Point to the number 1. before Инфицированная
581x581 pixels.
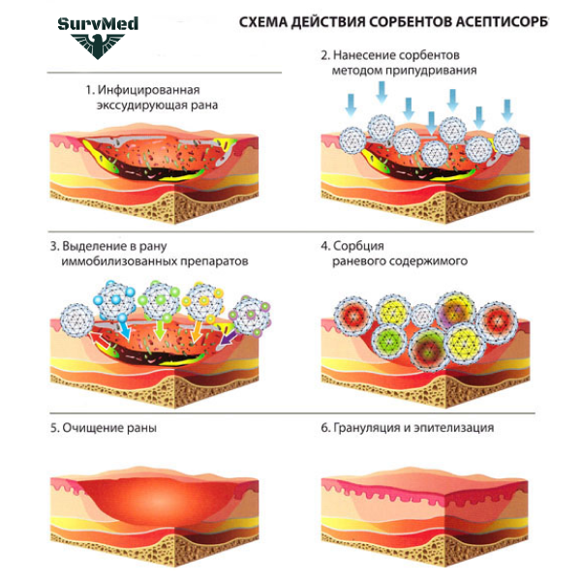point(89,89)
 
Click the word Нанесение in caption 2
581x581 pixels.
point(372,55)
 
